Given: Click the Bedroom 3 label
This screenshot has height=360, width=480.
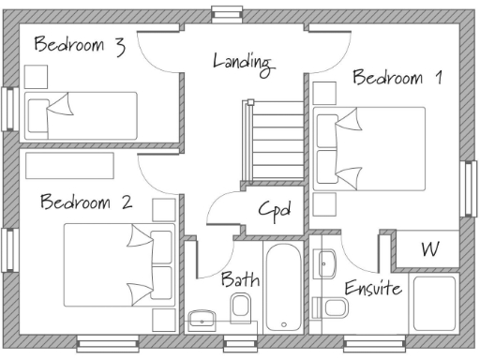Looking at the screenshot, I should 79,45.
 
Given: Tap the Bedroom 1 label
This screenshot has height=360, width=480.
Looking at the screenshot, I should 396,77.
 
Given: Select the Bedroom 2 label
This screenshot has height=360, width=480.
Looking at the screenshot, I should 85,202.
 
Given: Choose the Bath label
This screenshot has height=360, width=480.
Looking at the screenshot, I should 240,278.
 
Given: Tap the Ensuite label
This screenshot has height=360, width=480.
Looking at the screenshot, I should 372,287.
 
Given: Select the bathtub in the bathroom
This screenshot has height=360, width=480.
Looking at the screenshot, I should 284,288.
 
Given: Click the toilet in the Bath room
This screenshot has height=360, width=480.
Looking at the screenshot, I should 241,307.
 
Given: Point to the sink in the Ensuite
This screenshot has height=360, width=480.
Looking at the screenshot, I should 326,262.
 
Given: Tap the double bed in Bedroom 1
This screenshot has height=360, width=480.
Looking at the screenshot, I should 368,148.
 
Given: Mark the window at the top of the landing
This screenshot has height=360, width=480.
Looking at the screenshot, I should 226,12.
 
